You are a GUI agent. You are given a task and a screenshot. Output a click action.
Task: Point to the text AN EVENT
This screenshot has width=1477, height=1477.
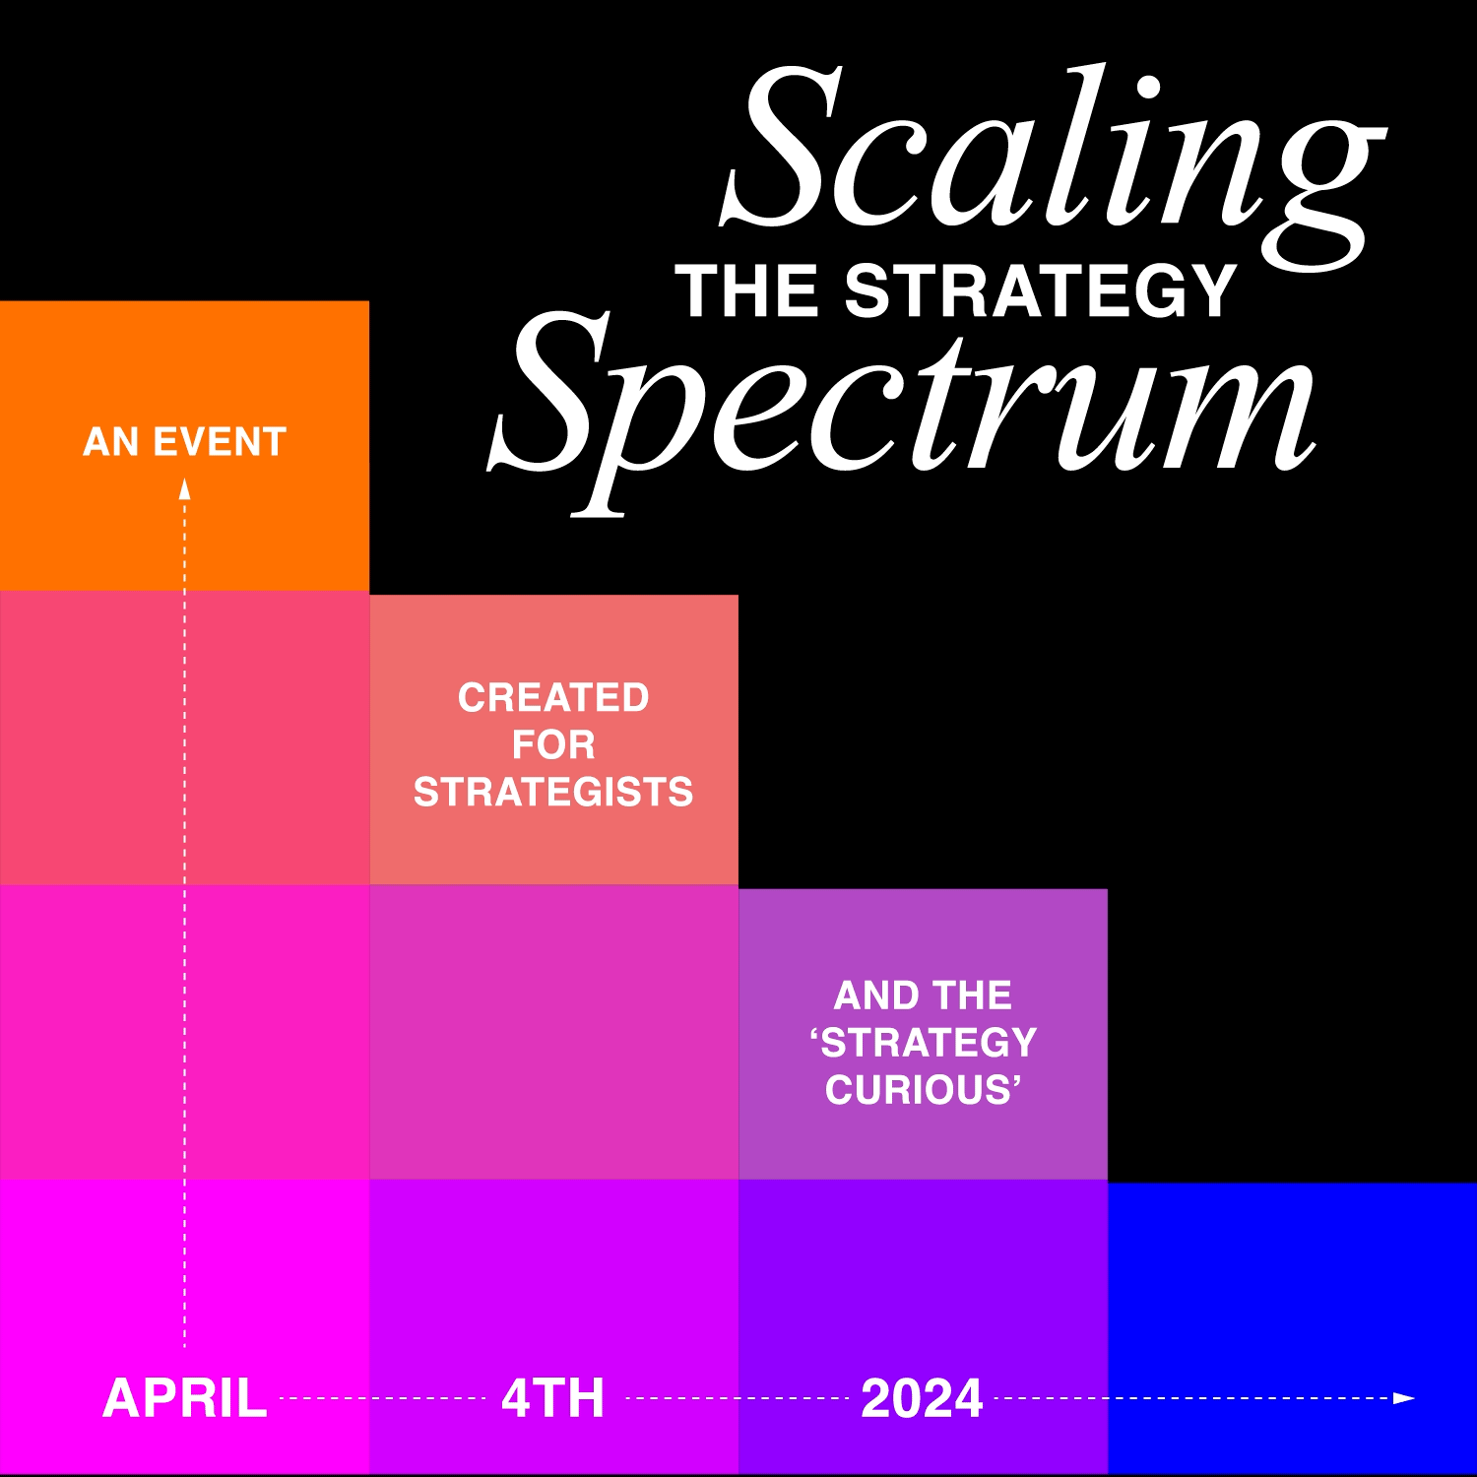tap(184, 442)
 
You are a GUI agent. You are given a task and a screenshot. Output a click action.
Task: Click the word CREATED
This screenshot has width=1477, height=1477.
tap(553, 698)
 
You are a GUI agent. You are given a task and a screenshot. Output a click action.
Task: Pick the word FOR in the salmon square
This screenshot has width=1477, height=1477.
tap(553, 745)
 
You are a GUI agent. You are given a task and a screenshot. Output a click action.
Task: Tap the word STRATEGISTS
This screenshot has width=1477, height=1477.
tap(553, 793)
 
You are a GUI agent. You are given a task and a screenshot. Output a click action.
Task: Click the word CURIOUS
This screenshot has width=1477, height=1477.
tap(923, 1090)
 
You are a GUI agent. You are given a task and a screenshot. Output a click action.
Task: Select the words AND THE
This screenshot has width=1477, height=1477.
tap(923, 995)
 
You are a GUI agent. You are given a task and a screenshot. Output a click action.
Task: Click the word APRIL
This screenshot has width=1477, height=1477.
tap(184, 1398)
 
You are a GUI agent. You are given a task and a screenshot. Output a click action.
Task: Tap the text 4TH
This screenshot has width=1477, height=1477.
tap(552, 1398)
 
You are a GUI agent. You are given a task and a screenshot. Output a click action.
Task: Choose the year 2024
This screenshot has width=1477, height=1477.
tap(922, 1398)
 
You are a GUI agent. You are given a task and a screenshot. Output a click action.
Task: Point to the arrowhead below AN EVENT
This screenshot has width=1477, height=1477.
tap(184, 488)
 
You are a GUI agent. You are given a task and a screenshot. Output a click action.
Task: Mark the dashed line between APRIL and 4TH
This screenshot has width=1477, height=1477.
tap(382, 1398)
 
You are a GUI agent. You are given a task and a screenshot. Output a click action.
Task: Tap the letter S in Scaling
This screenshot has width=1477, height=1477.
tap(788, 148)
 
